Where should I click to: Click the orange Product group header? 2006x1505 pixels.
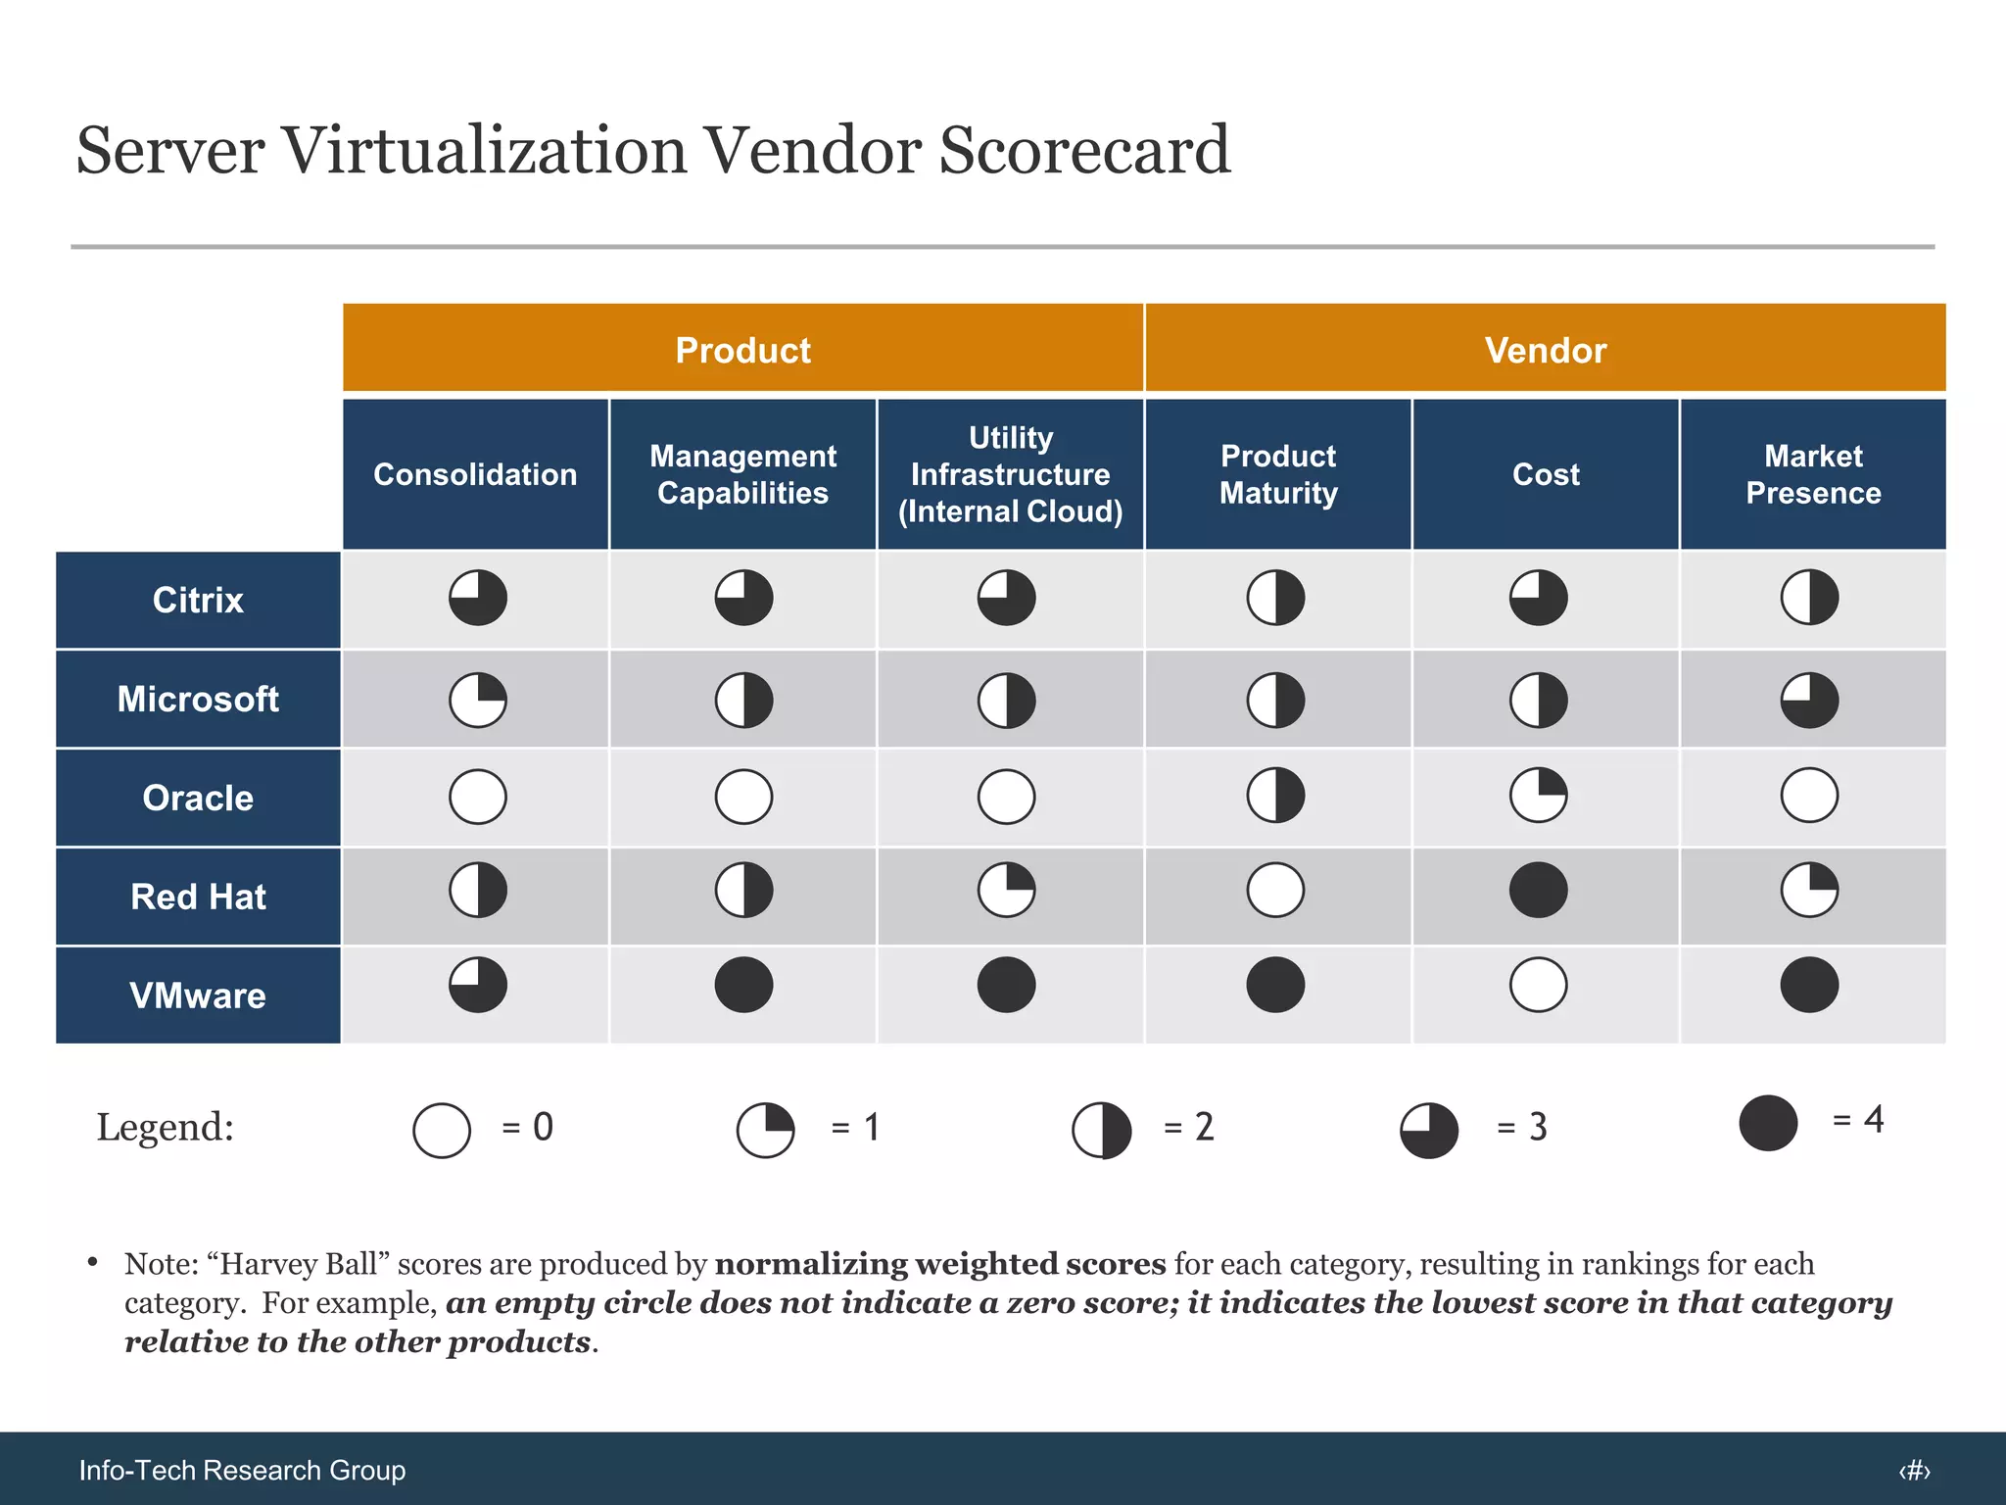coord(742,349)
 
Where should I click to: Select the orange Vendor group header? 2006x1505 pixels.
coord(1545,349)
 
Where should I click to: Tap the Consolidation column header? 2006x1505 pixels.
coord(475,474)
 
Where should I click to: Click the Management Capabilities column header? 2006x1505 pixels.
coord(742,474)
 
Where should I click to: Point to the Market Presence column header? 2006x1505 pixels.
coord(1813,474)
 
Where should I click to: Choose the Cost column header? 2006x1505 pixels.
coord(1546,474)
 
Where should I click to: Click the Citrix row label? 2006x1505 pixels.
coord(198,600)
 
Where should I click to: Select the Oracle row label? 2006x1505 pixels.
coord(198,798)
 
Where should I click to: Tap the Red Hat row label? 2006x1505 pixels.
coord(198,897)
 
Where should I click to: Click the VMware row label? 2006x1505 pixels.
coord(198,995)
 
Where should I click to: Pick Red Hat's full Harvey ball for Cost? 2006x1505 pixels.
coord(1538,890)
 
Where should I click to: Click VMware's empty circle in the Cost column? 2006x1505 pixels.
coord(1538,985)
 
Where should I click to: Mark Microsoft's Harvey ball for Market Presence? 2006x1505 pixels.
coord(1809,700)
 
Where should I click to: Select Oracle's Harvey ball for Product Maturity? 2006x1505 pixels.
coord(1275,795)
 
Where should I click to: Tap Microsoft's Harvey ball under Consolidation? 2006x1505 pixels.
coord(478,700)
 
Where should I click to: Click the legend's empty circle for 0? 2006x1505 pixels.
coord(442,1130)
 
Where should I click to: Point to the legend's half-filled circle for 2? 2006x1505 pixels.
coord(1102,1130)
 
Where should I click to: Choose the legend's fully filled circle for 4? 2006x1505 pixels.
coord(1768,1123)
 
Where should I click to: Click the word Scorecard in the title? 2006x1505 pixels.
coord(1083,151)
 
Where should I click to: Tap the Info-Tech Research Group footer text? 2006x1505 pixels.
coord(242,1470)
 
